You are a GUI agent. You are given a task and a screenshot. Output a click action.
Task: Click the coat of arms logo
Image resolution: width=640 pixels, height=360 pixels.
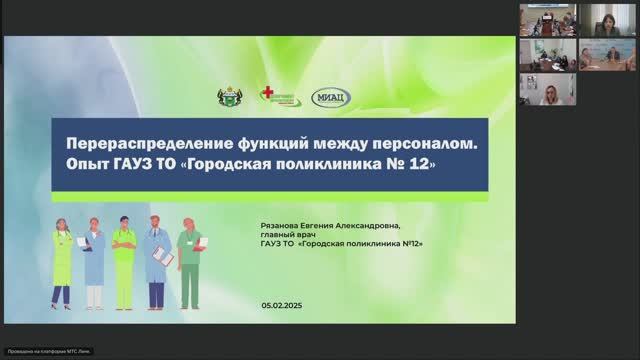[x=229, y=97]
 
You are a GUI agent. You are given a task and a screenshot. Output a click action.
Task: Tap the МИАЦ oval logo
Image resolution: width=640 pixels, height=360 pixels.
[x=330, y=97]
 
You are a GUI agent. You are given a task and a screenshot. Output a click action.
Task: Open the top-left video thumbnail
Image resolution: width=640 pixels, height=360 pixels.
[x=547, y=20]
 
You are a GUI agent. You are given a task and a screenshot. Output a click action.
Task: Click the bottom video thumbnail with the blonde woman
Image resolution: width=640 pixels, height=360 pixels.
[x=547, y=89]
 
